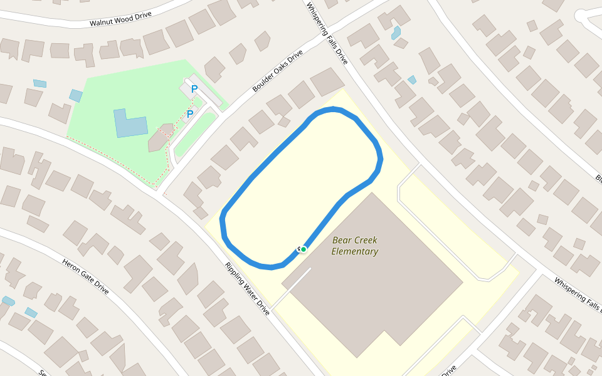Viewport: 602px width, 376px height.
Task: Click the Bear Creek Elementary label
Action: pos(355,246)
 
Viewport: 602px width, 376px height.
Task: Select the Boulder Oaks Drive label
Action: pos(277,71)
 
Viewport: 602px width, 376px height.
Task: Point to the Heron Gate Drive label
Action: pos(86,276)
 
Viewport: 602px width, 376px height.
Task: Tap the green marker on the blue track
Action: pos(304,249)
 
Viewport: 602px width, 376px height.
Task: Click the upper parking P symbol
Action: pos(194,90)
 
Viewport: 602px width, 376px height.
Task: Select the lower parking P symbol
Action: pos(190,114)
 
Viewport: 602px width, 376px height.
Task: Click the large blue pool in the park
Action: pos(129,123)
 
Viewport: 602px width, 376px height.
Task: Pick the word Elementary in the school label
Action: pos(355,252)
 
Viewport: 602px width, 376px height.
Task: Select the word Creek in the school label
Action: pos(365,240)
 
